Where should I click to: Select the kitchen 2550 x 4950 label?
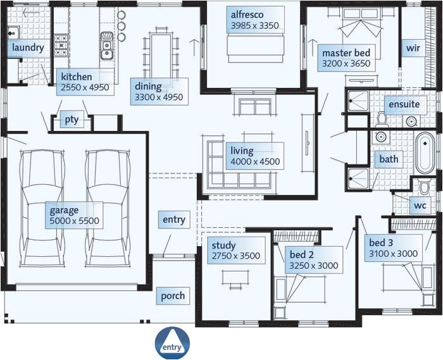85,82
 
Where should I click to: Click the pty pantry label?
71,120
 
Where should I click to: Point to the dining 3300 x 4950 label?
158,91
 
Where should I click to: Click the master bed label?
346,58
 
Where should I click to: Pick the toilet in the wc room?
425,188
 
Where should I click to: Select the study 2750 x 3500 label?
233,251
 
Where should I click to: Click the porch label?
173,295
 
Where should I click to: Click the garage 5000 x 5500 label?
75,215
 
